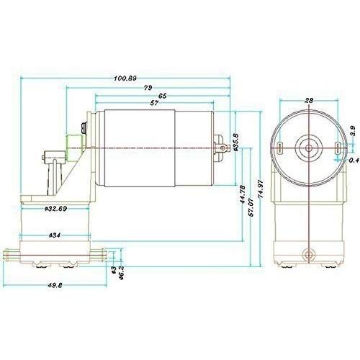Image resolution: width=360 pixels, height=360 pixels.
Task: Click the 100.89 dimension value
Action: click(x=125, y=78)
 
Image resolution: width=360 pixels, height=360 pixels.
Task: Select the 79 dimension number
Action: click(x=148, y=88)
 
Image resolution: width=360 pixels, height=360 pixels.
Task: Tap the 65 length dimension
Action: click(x=163, y=96)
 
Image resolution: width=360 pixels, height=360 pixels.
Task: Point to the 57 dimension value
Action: click(x=154, y=103)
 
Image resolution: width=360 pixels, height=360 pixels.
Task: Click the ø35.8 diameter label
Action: click(x=235, y=142)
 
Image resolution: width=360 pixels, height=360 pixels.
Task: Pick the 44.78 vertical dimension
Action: click(x=243, y=194)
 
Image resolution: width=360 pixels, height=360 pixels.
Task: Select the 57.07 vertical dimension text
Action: click(x=251, y=207)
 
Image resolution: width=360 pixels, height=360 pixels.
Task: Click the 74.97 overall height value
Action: click(x=261, y=189)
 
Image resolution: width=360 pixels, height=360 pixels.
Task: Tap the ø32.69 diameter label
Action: click(x=55, y=209)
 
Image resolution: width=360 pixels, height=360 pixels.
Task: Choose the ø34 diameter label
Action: click(x=55, y=235)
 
